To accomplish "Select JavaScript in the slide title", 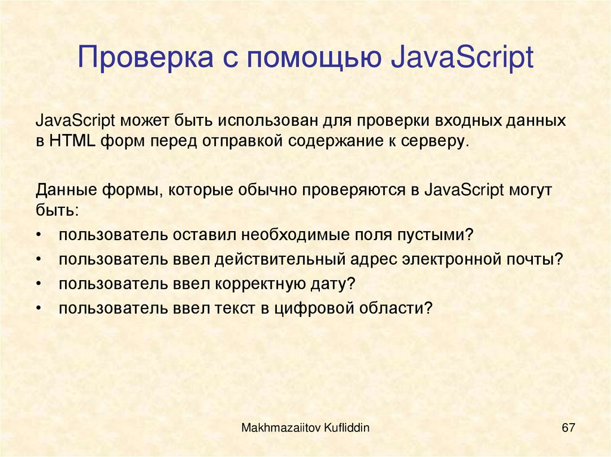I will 462,60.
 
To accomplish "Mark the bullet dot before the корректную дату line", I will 39,284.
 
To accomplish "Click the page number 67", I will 567,428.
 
